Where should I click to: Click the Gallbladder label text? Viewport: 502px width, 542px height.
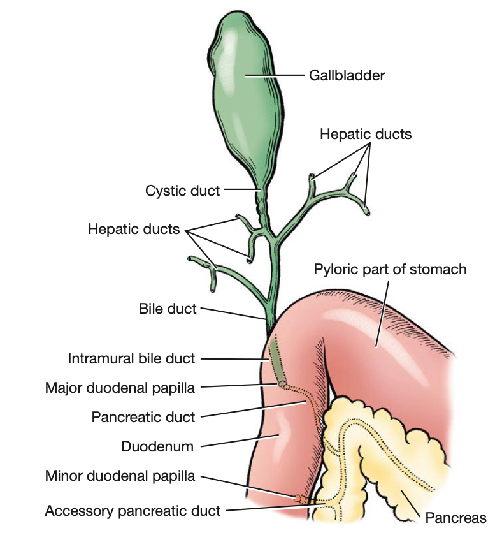[347, 76]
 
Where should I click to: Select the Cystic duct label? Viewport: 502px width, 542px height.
[182, 190]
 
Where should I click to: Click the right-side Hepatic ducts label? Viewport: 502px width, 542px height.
[366, 135]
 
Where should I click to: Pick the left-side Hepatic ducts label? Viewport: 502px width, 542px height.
[134, 229]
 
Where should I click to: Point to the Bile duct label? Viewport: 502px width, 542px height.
[168, 309]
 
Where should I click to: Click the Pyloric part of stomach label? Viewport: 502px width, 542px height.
[390, 269]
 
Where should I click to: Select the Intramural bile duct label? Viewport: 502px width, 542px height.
[131, 358]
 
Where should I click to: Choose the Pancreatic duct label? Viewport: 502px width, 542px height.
[143, 417]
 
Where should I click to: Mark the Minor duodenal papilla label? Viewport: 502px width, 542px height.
[120, 476]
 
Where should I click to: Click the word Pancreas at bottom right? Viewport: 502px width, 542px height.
[455, 518]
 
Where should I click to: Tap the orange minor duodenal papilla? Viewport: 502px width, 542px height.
[298, 496]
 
